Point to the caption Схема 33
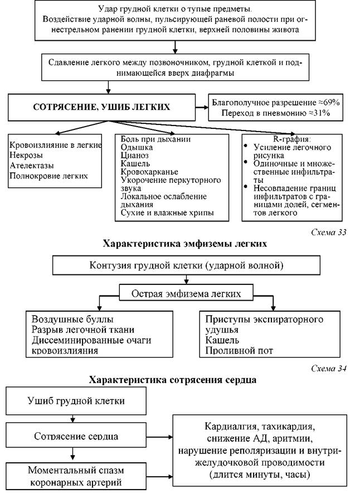tap(329, 232)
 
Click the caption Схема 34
tap(329, 368)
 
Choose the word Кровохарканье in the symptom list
tap(149, 172)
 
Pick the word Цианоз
tap(134, 156)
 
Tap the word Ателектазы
tap(31, 166)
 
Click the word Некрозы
tap(26, 155)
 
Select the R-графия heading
tap(292, 139)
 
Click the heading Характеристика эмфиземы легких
tap(184, 244)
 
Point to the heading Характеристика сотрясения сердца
tap(172, 380)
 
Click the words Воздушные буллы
tap(72, 319)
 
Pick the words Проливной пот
tap(239, 350)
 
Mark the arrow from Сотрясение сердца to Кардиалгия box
tap(159, 437)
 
